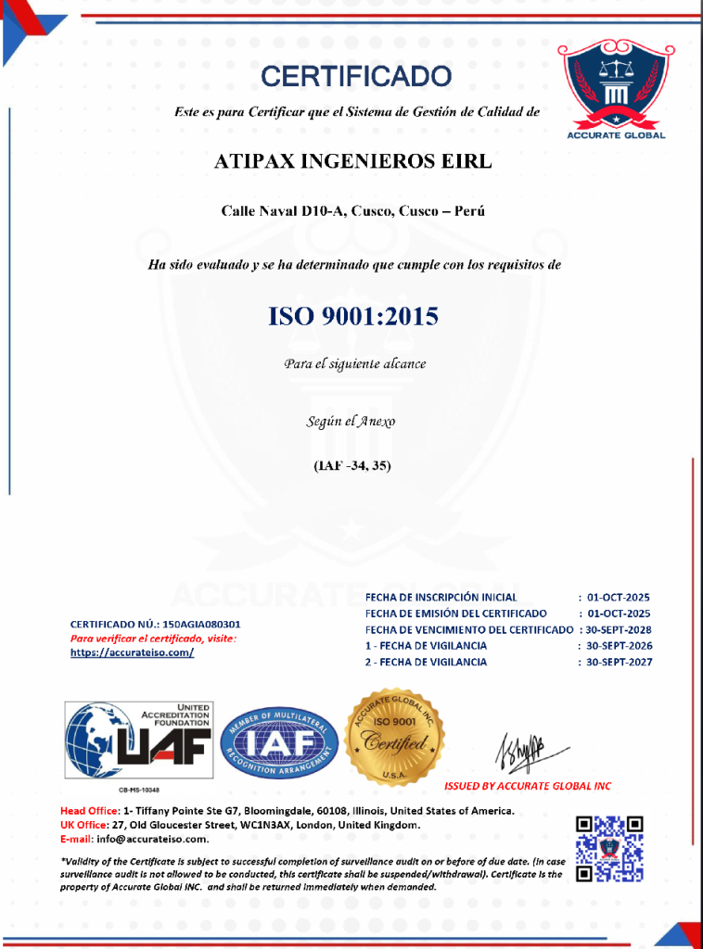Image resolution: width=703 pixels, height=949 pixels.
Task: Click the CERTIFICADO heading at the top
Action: (x=356, y=76)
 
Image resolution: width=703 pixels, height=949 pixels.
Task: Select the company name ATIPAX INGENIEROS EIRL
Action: (x=352, y=161)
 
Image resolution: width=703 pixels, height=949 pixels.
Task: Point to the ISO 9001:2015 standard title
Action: (x=352, y=317)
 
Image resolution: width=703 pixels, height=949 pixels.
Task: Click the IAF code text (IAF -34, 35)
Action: (x=352, y=465)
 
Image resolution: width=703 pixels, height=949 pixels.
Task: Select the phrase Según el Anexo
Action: (x=351, y=421)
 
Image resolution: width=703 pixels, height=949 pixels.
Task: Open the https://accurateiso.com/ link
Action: (x=132, y=652)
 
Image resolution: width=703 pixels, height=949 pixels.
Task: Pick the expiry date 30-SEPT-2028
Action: (x=618, y=629)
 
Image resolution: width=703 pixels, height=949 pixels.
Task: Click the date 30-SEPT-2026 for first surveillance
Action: (x=618, y=646)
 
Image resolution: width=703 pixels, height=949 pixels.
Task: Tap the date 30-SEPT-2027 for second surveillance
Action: (x=618, y=662)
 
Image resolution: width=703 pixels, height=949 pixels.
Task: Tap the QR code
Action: (x=609, y=848)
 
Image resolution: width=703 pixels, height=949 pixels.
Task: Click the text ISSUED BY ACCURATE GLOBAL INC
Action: (x=528, y=786)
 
